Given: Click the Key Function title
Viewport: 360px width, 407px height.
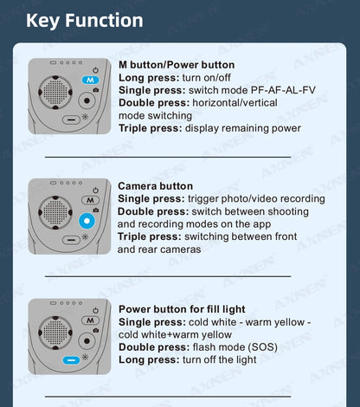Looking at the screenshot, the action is tap(85, 21).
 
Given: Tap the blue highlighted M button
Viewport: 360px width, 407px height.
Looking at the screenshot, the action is tap(90, 80).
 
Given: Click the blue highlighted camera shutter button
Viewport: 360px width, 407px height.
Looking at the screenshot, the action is tap(87, 221).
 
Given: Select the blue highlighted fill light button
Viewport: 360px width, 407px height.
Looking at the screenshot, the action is tap(71, 360).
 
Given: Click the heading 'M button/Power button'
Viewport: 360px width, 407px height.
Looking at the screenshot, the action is tap(177, 65).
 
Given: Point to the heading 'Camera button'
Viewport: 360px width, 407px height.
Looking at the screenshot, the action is tap(156, 186).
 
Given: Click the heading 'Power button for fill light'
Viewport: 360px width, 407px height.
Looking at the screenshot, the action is tap(182, 309).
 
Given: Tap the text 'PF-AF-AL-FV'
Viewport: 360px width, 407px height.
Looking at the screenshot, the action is tap(283, 90).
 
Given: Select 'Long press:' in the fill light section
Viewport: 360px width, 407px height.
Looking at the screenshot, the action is tap(149, 359).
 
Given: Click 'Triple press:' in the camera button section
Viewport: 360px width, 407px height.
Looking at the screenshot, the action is tap(150, 236).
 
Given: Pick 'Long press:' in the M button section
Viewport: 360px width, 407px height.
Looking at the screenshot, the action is tap(149, 78).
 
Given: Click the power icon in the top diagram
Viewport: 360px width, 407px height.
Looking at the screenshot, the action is tap(95, 70).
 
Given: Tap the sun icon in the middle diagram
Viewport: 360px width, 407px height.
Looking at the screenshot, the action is tap(85, 237).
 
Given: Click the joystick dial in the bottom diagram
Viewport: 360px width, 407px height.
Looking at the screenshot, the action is tap(55, 333).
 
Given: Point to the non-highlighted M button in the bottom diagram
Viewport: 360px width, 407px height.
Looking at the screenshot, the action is tap(90, 320).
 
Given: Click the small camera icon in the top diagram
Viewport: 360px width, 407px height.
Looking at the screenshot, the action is tap(96, 90).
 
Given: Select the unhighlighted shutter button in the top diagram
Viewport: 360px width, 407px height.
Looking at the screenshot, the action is tap(87, 100).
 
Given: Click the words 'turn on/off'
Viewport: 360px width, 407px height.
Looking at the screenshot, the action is tap(207, 78).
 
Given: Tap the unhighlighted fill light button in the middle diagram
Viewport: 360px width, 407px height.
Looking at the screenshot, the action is tap(71, 240).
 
